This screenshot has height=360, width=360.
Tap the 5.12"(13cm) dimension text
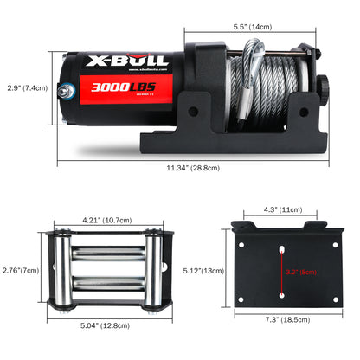coord(203,272)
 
